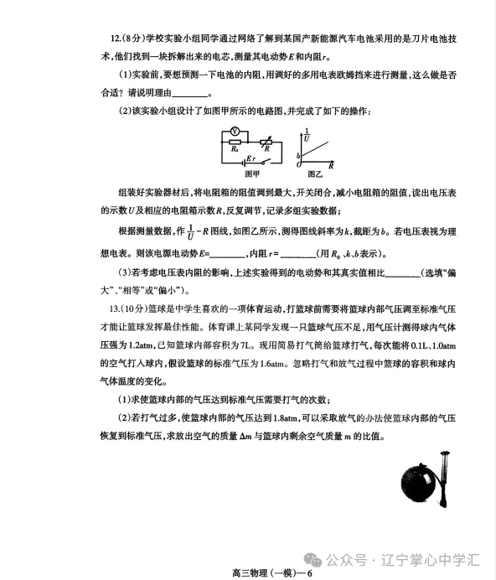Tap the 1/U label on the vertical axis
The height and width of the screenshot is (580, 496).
point(307,134)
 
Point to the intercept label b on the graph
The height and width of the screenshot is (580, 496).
point(298,156)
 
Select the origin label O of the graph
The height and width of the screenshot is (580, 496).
point(299,166)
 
